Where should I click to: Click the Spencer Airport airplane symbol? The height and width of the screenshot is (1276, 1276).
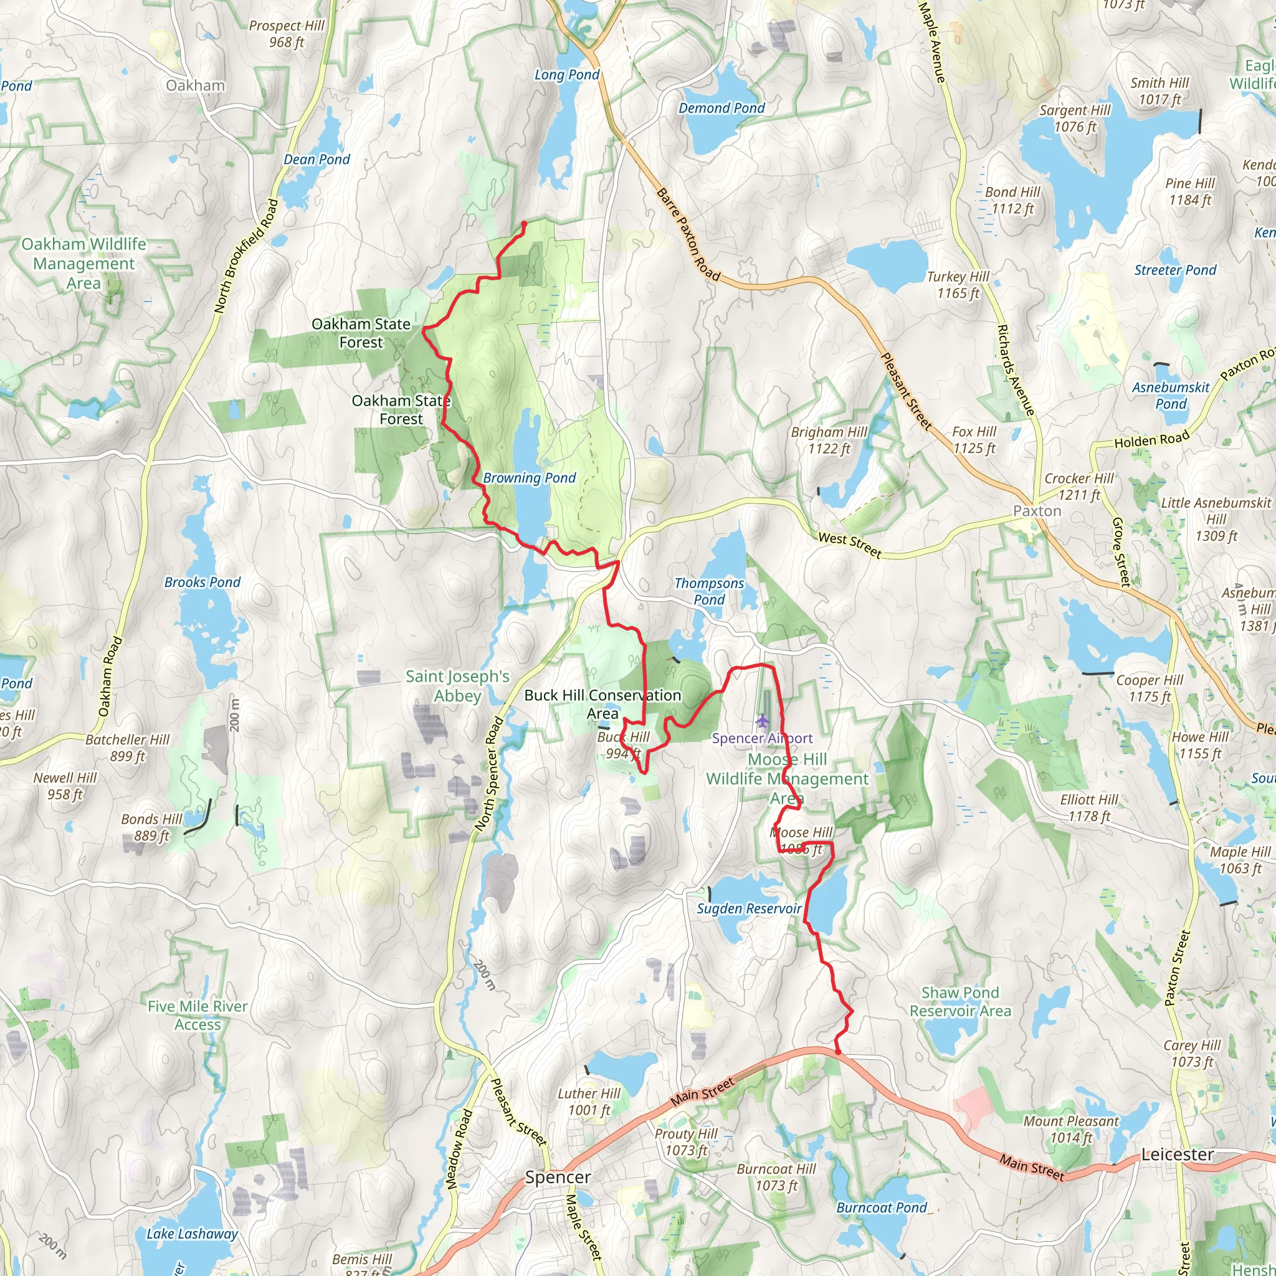(763, 719)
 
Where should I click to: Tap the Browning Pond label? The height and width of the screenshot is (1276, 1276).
(529, 477)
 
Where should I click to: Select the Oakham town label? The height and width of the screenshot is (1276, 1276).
(196, 85)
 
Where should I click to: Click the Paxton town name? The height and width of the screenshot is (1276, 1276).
(1037, 510)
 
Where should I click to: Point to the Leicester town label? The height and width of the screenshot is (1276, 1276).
(1178, 1155)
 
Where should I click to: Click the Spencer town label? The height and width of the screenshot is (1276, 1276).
(558, 1178)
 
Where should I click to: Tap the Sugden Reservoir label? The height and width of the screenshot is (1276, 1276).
(749, 909)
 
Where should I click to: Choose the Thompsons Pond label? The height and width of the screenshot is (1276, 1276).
(709, 591)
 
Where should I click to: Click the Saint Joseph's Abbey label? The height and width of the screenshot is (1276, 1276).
(457, 685)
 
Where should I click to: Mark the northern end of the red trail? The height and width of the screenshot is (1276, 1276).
(525, 224)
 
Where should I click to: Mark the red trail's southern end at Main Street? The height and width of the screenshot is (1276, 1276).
(838, 1052)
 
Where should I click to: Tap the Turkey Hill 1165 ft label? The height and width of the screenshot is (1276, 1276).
(958, 285)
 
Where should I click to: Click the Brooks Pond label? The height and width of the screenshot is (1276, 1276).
(202, 582)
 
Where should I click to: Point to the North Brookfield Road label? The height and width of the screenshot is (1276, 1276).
(245, 255)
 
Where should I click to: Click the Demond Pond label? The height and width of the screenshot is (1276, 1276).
(721, 108)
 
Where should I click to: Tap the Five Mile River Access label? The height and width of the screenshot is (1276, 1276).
(198, 1015)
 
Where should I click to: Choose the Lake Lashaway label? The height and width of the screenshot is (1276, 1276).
(191, 1234)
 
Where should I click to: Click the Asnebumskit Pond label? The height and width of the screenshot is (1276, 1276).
(1170, 395)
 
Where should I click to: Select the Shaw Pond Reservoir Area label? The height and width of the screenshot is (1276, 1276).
(959, 1001)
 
